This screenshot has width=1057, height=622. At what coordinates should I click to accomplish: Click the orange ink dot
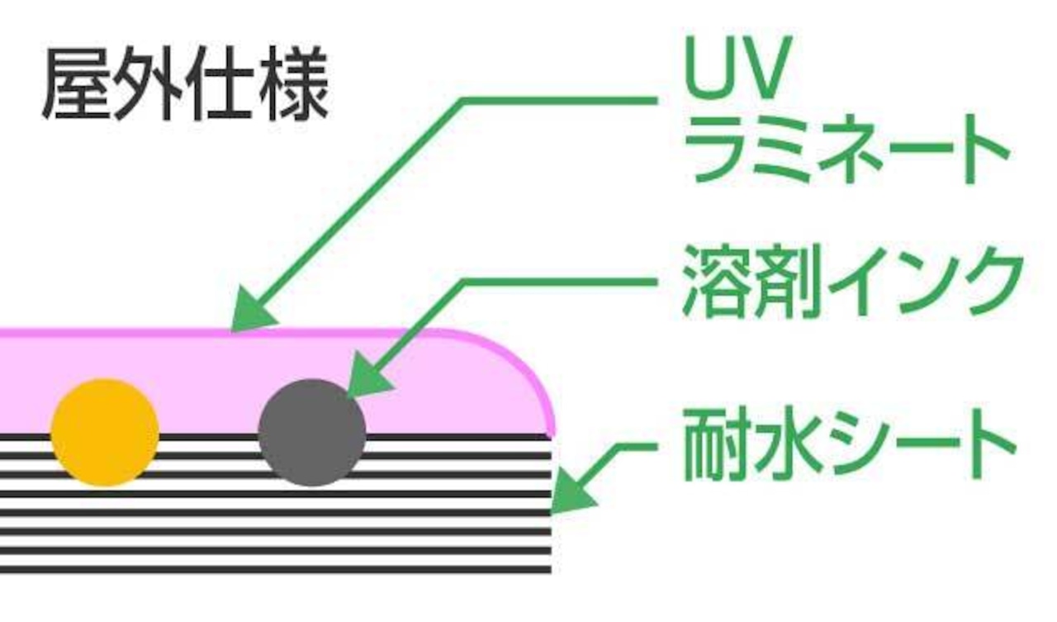(x=105, y=433)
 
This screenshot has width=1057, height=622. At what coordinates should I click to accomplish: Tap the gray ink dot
(x=311, y=433)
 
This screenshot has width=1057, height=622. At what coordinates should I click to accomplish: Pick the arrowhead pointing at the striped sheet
(x=570, y=496)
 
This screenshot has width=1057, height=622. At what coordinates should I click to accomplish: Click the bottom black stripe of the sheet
(x=273, y=568)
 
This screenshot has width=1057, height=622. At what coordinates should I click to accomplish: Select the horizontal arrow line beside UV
(x=562, y=102)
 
